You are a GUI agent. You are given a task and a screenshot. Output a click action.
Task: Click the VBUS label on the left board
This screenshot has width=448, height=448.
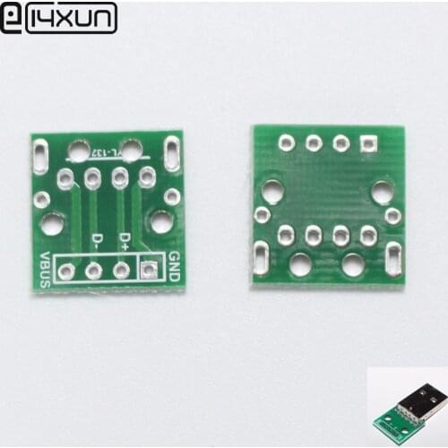coord(44,266)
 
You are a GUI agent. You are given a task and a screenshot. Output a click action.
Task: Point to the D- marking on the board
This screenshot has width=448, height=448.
coord(97,239)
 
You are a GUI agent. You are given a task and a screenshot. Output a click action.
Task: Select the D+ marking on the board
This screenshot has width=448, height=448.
coord(125,239)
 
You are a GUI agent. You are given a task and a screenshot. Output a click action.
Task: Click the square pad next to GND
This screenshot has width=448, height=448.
coord(150,269)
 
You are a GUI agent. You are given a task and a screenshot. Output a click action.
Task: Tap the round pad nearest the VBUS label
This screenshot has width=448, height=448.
coord(66,269)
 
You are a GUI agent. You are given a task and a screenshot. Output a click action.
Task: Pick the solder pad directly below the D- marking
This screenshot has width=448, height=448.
coord(94,269)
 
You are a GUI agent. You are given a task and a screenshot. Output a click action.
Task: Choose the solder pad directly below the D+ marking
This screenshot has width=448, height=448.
coord(122,269)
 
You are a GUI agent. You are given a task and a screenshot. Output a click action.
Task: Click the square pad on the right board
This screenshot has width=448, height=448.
coord(367,143)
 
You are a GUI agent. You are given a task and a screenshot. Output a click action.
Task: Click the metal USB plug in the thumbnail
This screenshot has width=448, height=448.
coord(426,400)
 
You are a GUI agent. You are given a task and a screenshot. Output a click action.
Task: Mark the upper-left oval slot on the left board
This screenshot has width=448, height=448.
coord(40,153)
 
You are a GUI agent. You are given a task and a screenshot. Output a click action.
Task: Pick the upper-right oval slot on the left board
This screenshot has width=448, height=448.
coord(172,153)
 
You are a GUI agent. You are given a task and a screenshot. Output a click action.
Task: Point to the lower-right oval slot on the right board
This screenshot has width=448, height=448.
coord(392,258)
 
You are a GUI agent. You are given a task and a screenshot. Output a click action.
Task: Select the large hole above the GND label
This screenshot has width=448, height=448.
coord(161,221)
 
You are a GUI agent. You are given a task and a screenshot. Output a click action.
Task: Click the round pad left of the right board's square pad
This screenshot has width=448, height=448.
coord(340,143)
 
